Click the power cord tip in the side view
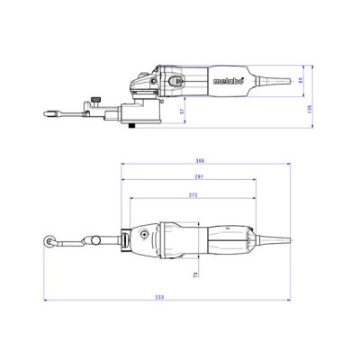pos(291,84)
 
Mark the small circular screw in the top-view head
pos(143,237)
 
